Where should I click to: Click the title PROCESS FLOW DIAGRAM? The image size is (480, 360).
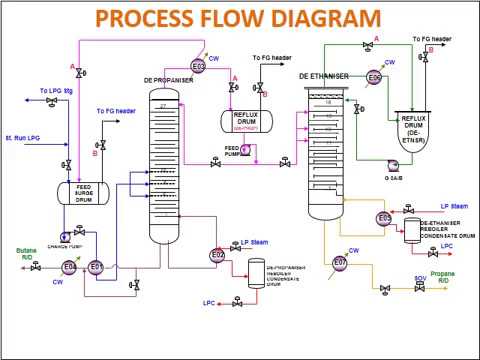pos(240,19)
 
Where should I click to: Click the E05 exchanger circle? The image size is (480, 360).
pos(384,218)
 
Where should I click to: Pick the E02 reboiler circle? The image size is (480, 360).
pos(217,255)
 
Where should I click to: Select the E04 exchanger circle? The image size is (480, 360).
pos(70,267)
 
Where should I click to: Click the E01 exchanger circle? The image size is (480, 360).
pos(96,267)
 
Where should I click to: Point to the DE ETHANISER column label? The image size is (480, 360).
pos(328,75)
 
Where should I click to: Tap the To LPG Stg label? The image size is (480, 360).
pos(57,91)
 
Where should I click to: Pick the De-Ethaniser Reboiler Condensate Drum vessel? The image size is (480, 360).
pos(410,232)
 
